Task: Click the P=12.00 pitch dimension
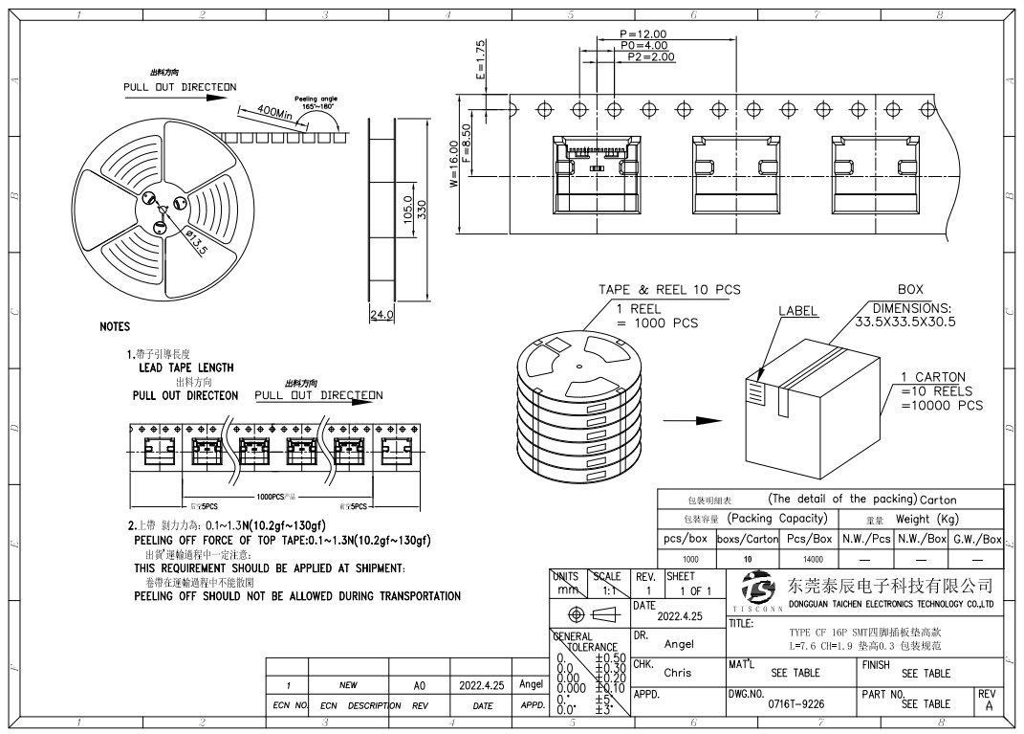coord(643,34)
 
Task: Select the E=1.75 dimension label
coord(481,59)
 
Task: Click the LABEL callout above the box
coord(798,311)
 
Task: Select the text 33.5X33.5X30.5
coord(904,322)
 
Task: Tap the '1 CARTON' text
coord(933,377)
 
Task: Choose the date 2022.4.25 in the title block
coord(680,617)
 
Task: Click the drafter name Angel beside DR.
coord(679,644)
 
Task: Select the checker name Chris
coord(677,673)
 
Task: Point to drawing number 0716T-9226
coord(795,703)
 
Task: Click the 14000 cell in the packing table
coord(813,560)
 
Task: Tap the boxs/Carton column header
coord(748,539)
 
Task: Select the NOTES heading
coord(115,327)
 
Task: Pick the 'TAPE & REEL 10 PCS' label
coord(669,290)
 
